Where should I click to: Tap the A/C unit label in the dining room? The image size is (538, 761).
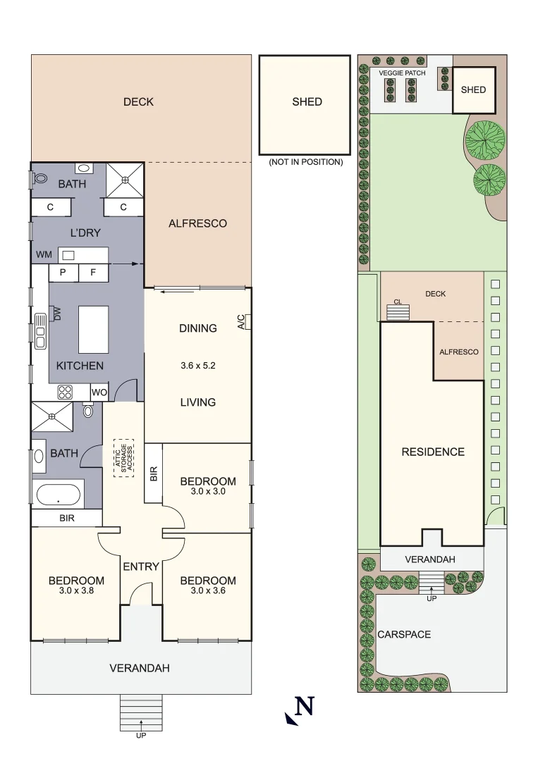click(x=241, y=322)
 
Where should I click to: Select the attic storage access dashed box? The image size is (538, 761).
click(x=124, y=458)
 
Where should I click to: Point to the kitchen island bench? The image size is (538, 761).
click(x=93, y=330)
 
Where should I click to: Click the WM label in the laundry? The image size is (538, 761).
click(x=44, y=255)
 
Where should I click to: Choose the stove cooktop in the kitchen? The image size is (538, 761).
click(x=65, y=392)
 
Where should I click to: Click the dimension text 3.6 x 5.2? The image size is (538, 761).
click(x=197, y=366)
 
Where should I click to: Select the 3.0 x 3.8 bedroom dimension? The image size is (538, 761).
click(x=76, y=590)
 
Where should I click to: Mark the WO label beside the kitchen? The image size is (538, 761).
click(x=99, y=392)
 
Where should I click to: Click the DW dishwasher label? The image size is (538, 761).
click(x=57, y=314)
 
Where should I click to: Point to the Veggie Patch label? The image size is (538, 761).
click(x=402, y=73)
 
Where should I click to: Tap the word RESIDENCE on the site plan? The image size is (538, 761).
click(x=433, y=452)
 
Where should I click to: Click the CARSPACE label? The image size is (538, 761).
click(x=404, y=634)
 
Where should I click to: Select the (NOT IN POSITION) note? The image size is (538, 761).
click(x=306, y=162)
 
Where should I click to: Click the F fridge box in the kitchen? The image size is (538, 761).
click(x=93, y=273)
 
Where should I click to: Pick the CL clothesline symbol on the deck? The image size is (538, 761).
click(x=398, y=312)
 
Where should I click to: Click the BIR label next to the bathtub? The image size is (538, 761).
click(x=67, y=519)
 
